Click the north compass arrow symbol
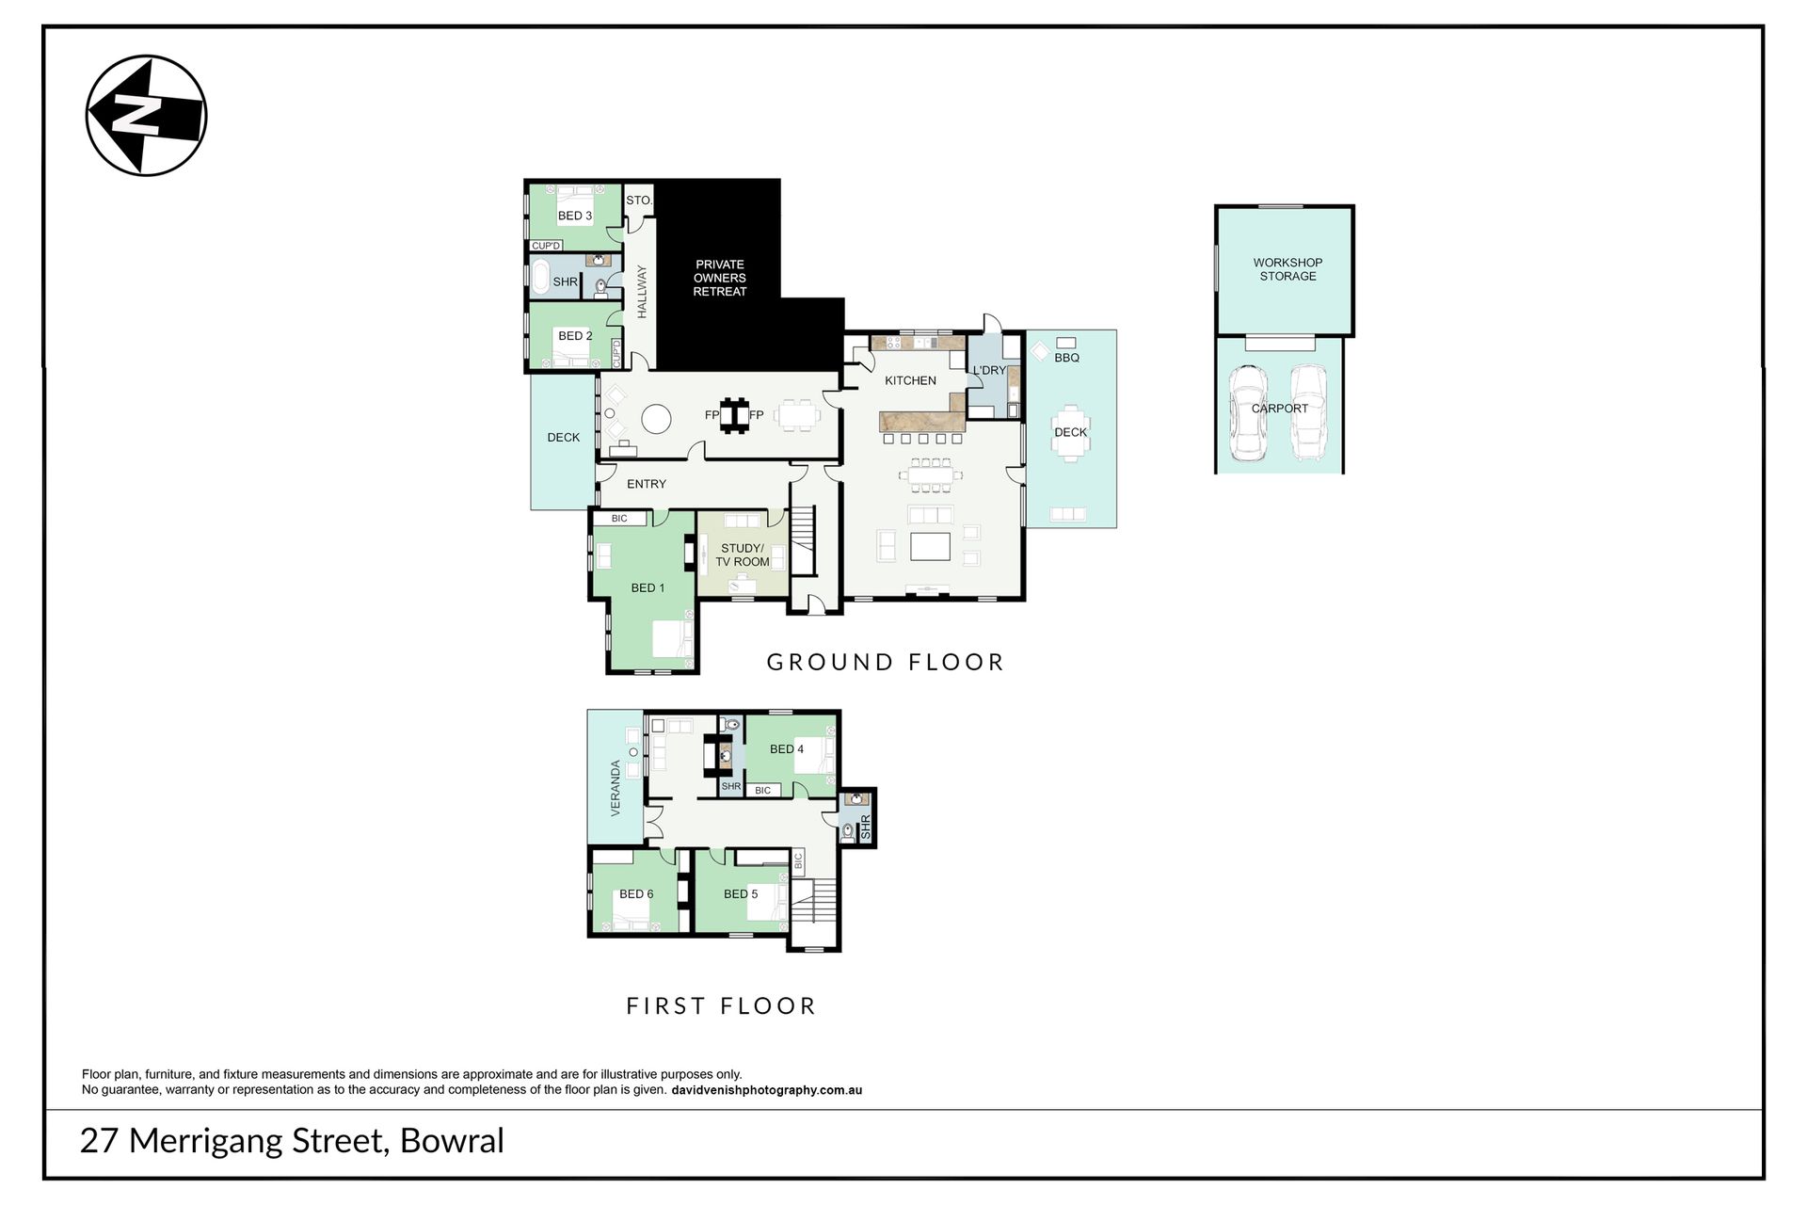pos(146,116)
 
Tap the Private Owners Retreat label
pos(720,278)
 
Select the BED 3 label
pos(575,216)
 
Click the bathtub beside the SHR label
pos(541,280)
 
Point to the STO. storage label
pos(639,201)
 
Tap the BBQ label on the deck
pos(1067,358)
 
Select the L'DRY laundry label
pos(989,370)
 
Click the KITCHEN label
pos(910,380)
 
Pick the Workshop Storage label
pos(1287,269)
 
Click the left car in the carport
pos(1248,412)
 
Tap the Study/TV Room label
pos(743,555)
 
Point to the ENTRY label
pos(647,484)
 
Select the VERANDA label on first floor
pos(616,788)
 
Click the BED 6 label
pos(636,893)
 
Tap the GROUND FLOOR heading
pos(886,662)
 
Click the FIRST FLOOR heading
pos(721,1005)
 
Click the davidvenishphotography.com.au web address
pos(766,1090)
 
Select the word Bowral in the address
pos(453,1141)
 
